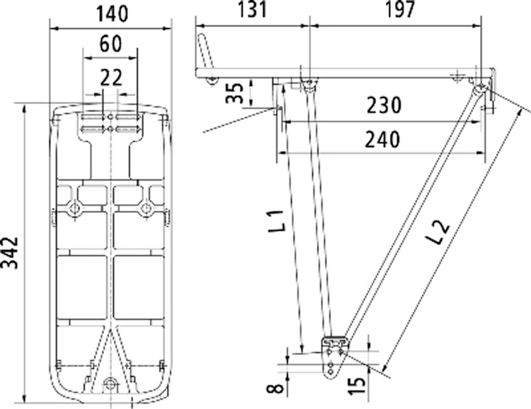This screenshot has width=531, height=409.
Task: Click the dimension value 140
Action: [111, 13]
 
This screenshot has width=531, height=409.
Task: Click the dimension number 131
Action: [252, 10]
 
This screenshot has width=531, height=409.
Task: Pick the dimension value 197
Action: [398, 10]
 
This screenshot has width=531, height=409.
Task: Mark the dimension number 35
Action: [234, 92]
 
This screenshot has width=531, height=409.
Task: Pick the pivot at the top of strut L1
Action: [307, 84]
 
